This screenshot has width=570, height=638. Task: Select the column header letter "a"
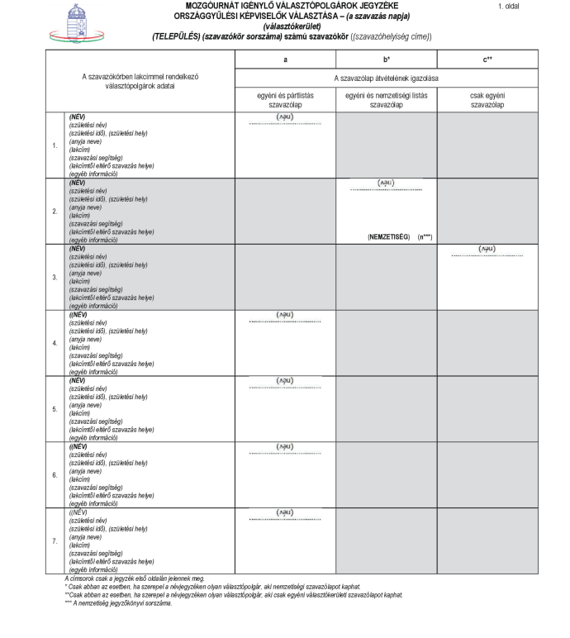click(x=284, y=60)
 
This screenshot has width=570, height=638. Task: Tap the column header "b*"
click(x=386, y=60)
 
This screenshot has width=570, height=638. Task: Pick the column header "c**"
click(x=487, y=60)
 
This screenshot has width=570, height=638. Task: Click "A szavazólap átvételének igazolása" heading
click(x=386, y=78)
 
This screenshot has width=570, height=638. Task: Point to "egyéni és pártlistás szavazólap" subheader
click(x=284, y=100)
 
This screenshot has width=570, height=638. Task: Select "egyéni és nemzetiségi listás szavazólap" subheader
click(x=386, y=100)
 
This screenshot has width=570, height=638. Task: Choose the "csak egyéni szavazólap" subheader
click(x=487, y=100)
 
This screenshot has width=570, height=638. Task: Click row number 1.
click(x=55, y=145)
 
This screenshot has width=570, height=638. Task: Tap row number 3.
click(x=55, y=277)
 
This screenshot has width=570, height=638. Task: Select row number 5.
click(x=55, y=409)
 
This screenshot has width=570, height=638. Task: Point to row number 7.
click(x=55, y=540)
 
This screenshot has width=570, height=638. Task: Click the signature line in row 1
click(x=284, y=125)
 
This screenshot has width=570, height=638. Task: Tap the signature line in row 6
click(x=284, y=455)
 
